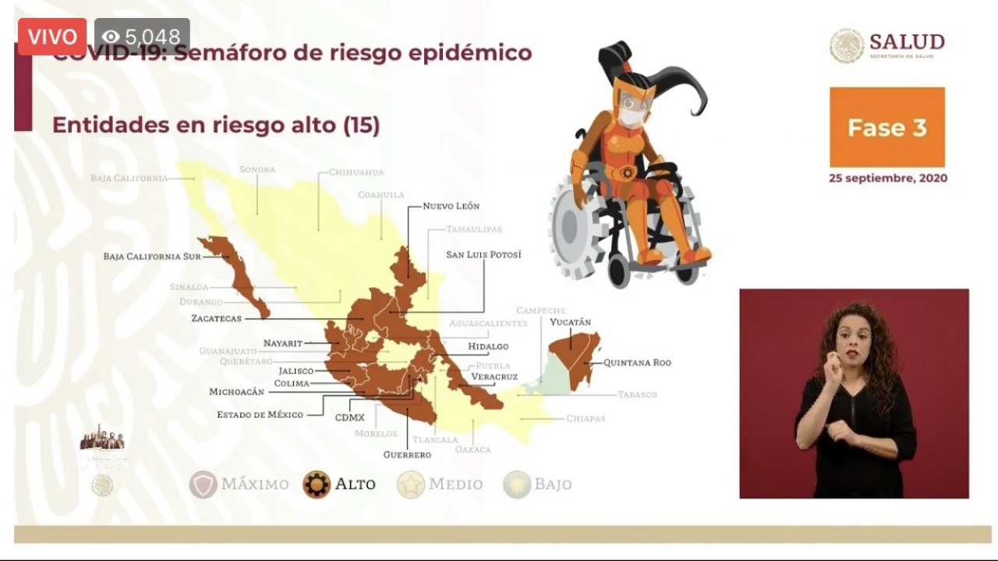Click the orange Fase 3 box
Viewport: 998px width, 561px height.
[x=887, y=127]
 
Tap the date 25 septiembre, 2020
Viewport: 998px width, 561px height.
[x=887, y=178]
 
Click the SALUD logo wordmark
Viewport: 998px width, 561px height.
[x=906, y=42]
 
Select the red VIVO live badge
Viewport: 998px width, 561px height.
[x=52, y=36]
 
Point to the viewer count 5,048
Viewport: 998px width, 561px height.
[x=142, y=37]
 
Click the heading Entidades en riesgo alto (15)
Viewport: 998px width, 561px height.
[x=215, y=126]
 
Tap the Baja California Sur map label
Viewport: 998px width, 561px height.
[x=152, y=256]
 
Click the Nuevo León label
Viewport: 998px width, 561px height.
[x=451, y=206]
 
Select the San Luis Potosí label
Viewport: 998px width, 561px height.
[x=483, y=254]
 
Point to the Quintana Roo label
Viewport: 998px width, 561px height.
[x=637, y=363]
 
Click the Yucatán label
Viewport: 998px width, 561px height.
[x=570, y=321]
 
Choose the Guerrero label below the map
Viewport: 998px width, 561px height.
[x=407, y=455]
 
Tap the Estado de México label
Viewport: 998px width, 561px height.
[x=260, y=414]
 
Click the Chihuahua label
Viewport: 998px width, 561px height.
[x=356, y=172]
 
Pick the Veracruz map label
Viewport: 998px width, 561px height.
[x=494, y=377]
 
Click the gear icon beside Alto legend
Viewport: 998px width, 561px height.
[x=317, y=485]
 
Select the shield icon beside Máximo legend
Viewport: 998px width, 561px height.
[x=203, y=485]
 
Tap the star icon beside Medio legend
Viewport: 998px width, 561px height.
[x=410, y=485]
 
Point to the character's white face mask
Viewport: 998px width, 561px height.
[x=632, y=116]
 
